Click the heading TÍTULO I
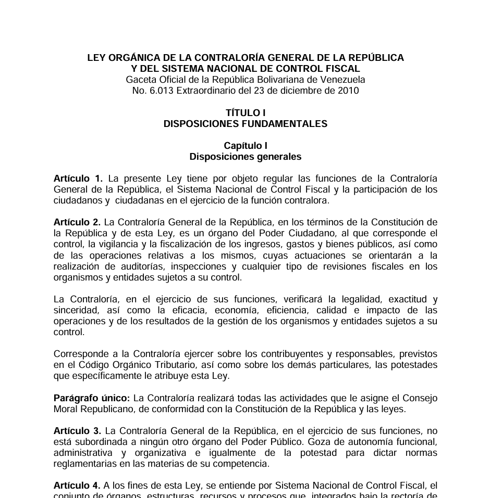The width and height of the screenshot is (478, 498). [x=245, y=113]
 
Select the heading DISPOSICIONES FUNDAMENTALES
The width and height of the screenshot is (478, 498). [x=245, y=124]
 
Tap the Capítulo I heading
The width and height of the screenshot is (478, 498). [x=245, y=146]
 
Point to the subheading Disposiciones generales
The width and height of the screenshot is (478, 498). [x=245, y=157]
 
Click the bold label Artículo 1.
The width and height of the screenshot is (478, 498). [x=78, y=178]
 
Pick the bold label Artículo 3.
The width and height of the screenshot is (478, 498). [x=77, y=431]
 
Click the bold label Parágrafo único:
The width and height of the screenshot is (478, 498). [x=92, y=398]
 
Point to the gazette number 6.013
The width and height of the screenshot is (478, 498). [x=161, y=91]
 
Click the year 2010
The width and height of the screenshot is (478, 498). [x=348, y=91]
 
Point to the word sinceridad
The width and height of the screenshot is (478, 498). [x=75, y=310]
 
